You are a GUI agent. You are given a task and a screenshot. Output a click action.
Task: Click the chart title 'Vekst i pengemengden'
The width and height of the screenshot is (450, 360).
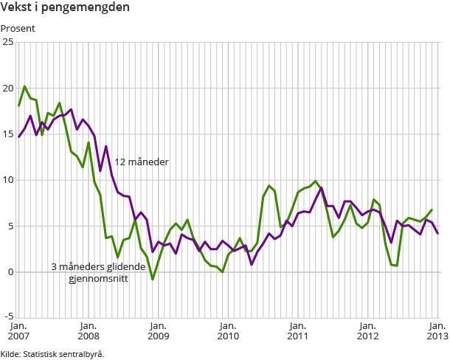[55, 8]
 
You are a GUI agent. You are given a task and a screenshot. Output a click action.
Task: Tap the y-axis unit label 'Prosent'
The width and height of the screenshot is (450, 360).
[18, 29]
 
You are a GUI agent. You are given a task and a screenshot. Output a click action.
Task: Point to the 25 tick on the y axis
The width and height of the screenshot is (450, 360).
[8, 42]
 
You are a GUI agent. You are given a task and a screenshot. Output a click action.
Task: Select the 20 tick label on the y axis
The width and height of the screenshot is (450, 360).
[8, 88]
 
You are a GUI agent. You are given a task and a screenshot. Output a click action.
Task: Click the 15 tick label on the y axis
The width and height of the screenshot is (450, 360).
[8, 134]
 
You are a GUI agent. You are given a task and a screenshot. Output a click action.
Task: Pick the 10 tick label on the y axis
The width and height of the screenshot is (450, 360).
[8, 180]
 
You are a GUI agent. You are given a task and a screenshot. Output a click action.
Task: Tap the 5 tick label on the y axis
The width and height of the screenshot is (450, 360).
[10, 226]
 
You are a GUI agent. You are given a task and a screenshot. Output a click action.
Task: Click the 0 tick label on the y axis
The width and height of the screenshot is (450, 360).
[10, 272]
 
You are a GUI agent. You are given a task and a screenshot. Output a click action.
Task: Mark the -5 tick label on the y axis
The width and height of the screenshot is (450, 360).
[9, 318]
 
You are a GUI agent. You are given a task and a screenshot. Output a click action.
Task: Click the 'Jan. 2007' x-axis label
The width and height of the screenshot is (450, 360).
[19, 330]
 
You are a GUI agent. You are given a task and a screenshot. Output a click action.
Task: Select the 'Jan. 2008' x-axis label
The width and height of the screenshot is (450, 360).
[89, 330]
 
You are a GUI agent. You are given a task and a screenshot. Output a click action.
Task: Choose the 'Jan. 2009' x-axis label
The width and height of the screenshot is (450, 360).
[158, 330]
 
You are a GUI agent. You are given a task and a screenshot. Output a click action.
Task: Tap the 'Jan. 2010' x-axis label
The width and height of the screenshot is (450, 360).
[228, 330]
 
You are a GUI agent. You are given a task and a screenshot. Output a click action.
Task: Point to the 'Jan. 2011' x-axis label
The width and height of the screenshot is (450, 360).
[297, 330]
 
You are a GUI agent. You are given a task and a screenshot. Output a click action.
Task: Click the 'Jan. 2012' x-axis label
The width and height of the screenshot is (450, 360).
[367, 330]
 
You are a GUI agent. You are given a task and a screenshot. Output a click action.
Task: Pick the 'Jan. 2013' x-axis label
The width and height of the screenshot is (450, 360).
[436, 330]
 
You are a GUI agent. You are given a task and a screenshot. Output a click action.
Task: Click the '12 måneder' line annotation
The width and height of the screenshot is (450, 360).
[142, 162]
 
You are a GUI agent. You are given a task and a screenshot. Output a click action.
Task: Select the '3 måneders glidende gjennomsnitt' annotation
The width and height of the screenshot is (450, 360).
[89, 273]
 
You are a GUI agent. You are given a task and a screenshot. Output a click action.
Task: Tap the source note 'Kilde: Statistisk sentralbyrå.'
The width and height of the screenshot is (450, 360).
[52, 353]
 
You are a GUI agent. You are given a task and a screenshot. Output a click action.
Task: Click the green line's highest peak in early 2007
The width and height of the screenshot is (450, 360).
[24, 87]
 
